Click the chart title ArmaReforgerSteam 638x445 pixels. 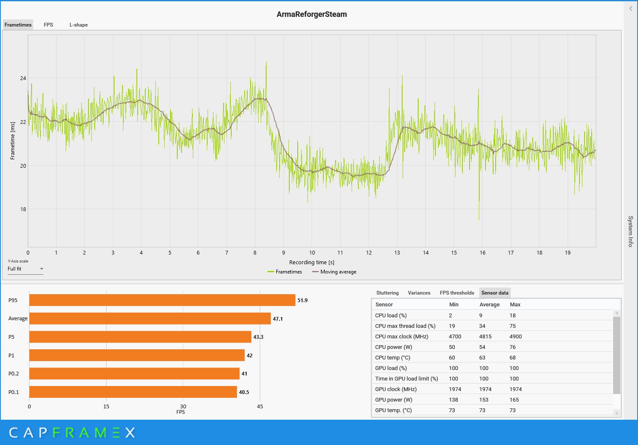[312, 14]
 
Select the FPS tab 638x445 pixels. [48, 25]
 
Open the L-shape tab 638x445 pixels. [79, 25]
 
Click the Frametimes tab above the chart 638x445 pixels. [18, 25]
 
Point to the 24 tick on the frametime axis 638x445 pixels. [23, 78]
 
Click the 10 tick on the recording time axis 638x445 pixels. [312, 253]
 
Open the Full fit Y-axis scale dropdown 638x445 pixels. [25, 269]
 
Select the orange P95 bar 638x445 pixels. [162, 300]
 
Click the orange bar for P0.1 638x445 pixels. [133, 392]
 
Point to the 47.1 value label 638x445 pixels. [278, 319]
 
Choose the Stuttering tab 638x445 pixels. [387, 293]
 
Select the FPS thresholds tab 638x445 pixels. [457, 293]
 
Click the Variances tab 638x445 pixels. [419, 293]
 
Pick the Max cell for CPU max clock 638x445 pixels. [516, 337]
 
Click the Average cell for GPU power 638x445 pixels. [484, 400]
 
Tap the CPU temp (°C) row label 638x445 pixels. [392, 358]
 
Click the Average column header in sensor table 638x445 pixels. [489, 305]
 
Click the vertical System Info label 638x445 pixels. [630, 231]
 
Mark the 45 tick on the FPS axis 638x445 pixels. [260, 407]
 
